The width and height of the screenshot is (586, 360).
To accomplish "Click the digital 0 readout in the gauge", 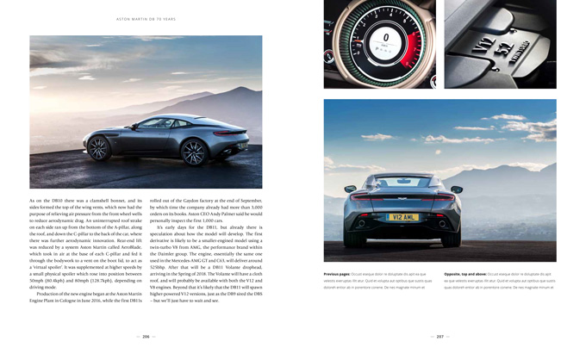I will [386, 37].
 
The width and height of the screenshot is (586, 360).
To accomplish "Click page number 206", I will [146, 337].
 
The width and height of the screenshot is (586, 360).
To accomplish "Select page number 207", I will [439, 337].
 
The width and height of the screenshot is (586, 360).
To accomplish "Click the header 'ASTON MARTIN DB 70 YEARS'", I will [146, 19].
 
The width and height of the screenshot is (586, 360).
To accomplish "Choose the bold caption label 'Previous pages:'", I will [338, 274].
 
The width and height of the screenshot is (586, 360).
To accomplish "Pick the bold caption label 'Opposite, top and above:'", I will [465, 274].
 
